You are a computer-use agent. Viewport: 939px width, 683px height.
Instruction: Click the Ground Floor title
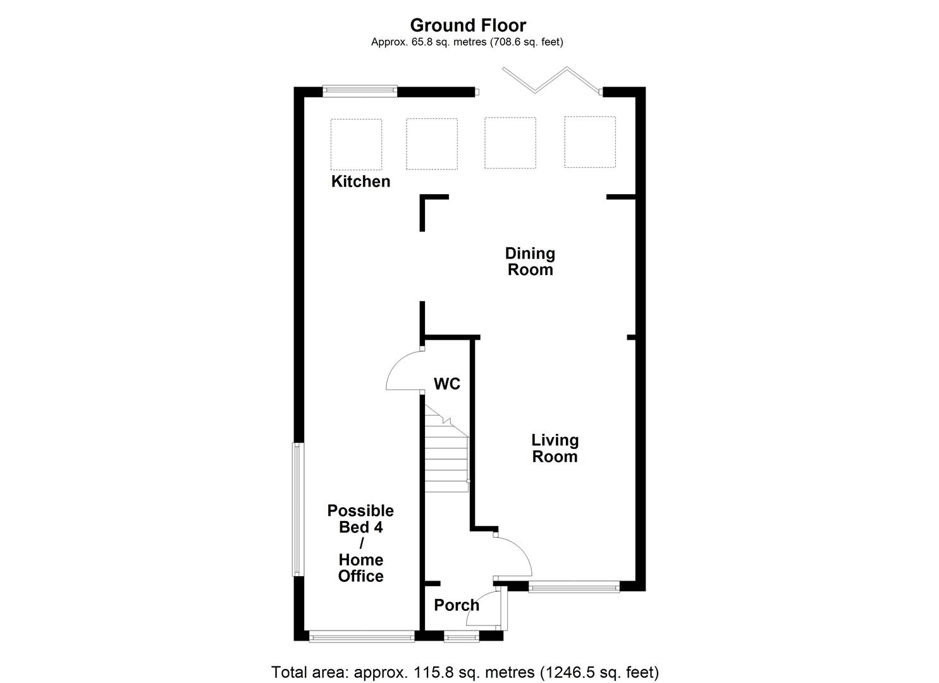pyautogui.click(x=468, y=25)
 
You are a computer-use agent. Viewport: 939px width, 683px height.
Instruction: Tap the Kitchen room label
pyautogui.click(x=360, y=182)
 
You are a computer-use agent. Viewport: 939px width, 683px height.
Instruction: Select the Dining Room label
pyautogui.click(x=530, y=261)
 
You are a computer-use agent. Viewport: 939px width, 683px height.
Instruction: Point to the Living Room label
pyautogui.click(x=555, y=448)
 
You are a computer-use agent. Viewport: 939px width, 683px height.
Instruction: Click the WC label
pyautogui.click(x=446, y=384)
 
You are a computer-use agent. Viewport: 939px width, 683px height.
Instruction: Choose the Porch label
pyautogui.click(x=457, y=605)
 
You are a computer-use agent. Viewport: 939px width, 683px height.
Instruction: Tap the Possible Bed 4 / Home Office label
pyautogui.click(x=360, y=543)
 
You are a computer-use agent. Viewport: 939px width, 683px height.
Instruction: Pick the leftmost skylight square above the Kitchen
pyautogui.click(x=356, y=144)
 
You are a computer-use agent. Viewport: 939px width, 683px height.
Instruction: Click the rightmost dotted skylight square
pyautogui.click(x=589, y=142)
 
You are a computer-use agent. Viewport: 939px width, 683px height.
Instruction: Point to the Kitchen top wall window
pyautogui.click(x=360, y=92)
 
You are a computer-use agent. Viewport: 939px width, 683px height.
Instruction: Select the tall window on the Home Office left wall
pyautogui.click(x=297, y=509)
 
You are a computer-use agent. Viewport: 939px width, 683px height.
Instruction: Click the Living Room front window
pyautogui.click(x=574, y=587)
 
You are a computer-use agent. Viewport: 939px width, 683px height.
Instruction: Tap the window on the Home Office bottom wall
pyautogui.click(x=361, y=637)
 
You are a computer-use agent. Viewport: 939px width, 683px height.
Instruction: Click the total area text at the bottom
pyautogui.click(x=465, y=672)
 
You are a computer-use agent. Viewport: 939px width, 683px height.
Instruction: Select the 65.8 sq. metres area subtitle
pyautogui.click(x=467, y=42)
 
